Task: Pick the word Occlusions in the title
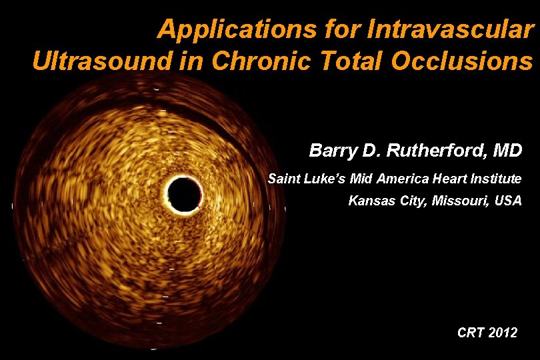[x=463, y=61]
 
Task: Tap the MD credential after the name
[x=507, y=151]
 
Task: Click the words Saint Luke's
[x=299, y=179]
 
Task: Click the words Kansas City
[x=385, y=201]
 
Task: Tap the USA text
[x=508, y=201]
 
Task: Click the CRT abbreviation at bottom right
[x=471, y=332]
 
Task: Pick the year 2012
[x=503, y=332]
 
